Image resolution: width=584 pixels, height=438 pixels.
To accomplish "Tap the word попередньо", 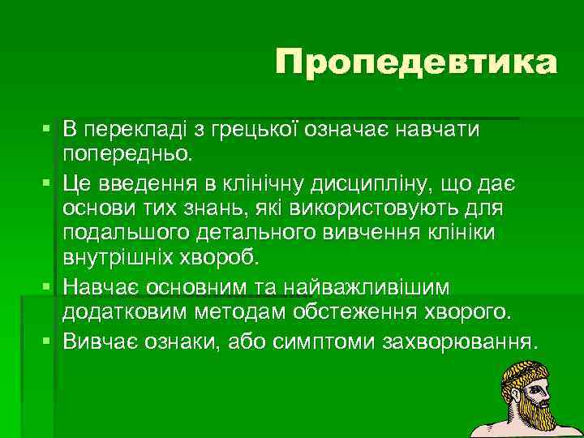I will pos(126,152).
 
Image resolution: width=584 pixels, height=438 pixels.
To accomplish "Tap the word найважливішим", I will pos(368,289).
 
